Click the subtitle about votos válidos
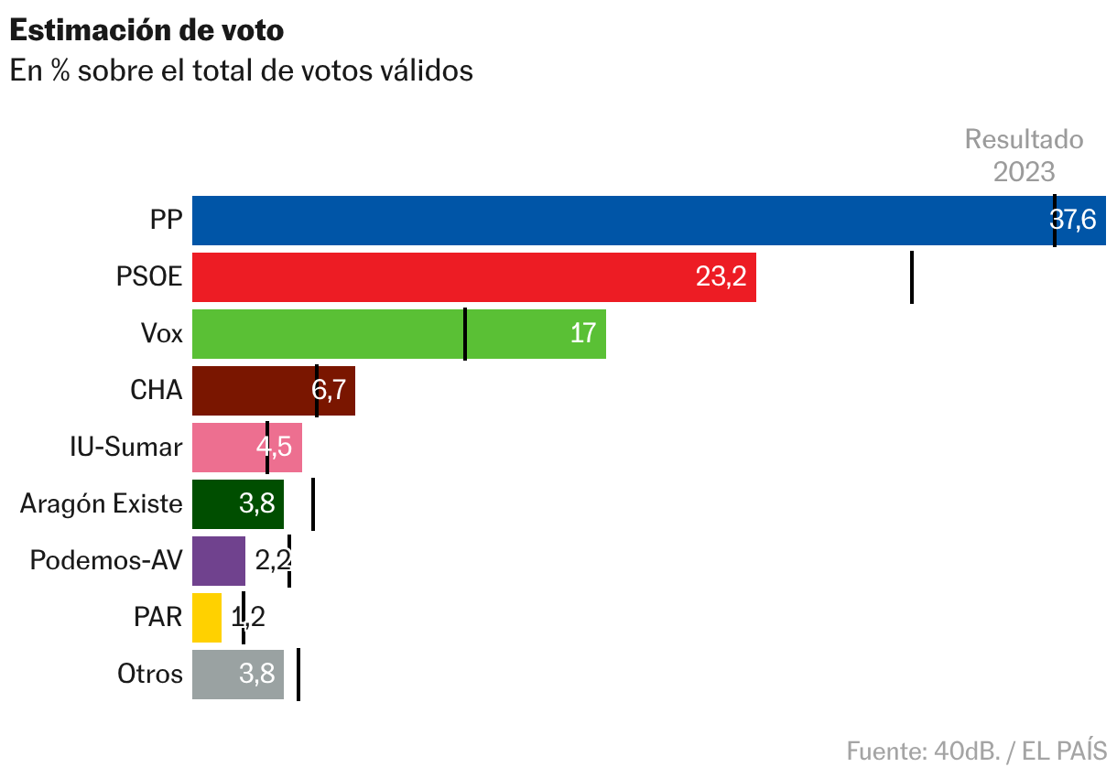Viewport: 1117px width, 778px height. [241, 70]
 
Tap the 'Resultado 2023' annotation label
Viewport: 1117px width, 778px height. [1024, 156]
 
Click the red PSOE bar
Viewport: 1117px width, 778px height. [458, 277]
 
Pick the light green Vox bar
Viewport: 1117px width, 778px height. [366, 334]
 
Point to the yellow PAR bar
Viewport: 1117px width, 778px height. [207, 618]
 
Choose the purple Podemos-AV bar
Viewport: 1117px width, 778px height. [219, 561]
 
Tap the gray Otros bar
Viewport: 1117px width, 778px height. [229, 675]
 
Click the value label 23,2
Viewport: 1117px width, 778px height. [721, 277]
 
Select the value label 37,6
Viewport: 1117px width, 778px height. [1072, 221]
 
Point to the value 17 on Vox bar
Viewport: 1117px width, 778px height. [583, 334]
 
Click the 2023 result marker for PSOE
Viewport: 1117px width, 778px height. [912, 277]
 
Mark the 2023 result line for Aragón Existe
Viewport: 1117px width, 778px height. [313, 504]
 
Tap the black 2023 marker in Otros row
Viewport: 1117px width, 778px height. [298, 675]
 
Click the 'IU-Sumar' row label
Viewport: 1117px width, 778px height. [126, 448]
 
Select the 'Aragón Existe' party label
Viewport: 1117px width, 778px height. [102, 504]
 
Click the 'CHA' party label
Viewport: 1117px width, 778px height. [157, 391]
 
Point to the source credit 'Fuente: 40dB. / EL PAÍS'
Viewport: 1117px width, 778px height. [976, 751]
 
